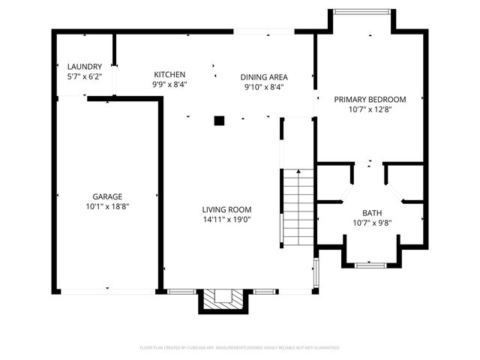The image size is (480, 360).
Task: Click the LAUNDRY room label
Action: pos(84,67)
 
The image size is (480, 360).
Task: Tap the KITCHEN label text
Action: pos(169,74)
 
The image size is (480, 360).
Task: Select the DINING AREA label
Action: pos(264,76)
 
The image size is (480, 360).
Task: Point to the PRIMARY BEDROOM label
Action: pos(370,99)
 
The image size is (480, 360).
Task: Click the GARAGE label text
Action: pos(107,196)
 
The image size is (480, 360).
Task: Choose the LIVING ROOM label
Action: pos(226,209)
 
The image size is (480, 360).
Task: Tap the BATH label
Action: pos(372,213)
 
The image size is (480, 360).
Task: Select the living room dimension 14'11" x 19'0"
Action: pos(226,220)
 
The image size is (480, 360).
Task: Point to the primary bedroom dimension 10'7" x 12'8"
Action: pos(370,109)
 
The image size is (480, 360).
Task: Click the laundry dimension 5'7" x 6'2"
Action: pos(84,76)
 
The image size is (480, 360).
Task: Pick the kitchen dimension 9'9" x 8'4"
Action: pos(169,84)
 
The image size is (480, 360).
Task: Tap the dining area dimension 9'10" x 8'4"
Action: pos(264,86)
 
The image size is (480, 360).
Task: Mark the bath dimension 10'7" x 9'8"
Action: pos(372,223)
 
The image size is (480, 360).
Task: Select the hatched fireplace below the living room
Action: pos(223,299)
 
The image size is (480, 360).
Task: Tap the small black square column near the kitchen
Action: pos(219,120)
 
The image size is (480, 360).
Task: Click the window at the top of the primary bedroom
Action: pos(362,11)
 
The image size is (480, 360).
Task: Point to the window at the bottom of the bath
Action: pos(371,264)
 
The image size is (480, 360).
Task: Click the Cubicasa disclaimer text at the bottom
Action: pos(240,348)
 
